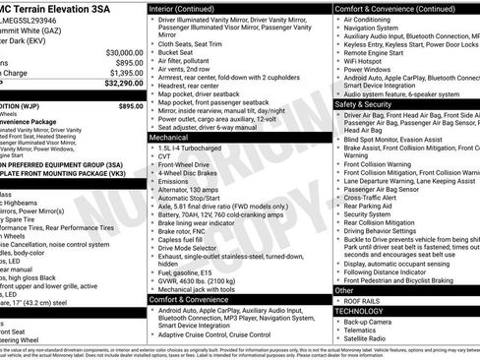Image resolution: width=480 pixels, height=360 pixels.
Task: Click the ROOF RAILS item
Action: [x=363, y=301]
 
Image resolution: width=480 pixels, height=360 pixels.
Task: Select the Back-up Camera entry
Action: [x=373, y=322]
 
